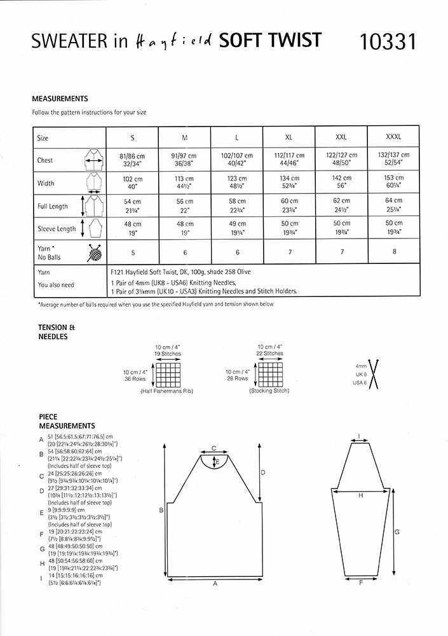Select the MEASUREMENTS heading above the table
pyautogui.click(x=60, y=99)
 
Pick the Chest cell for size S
pyautogui.click(x=133, y=158)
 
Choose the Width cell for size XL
pyautogui.click(x=289, y=183)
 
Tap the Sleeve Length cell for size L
pyautogui.click(x=236, y=228)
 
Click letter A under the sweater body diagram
pyautogui.click(x=215, y=583)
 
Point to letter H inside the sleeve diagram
pyautogui.click(x=360, y=495)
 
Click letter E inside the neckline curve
pyautogui.click(x=218, y=461)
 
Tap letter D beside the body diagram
pyautogui.click(x=263, y=472)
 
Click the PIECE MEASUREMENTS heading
pyautogui.click(x=67, y=420)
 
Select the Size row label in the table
pyautogui.click(x=43, y=137)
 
